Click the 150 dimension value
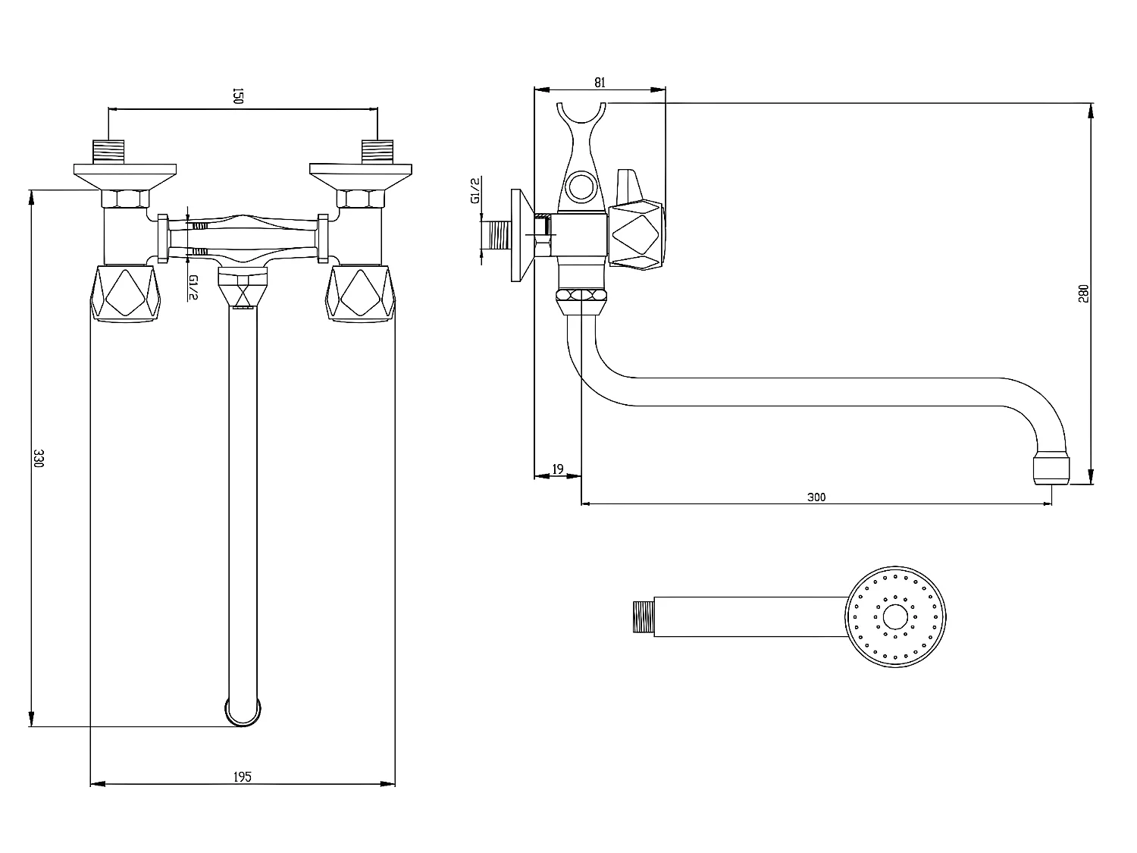coord(236,96)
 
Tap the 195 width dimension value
coord(242,776)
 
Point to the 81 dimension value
coord(599,83)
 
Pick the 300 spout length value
coord(816,497)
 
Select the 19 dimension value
coord(557,470)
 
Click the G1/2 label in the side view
coord(475,190)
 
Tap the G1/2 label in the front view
coord(193,288)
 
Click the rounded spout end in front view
coord(243,710)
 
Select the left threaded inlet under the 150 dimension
coord(109,152)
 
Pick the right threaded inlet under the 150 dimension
coord(377,152)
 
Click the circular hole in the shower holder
coord(581,187)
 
